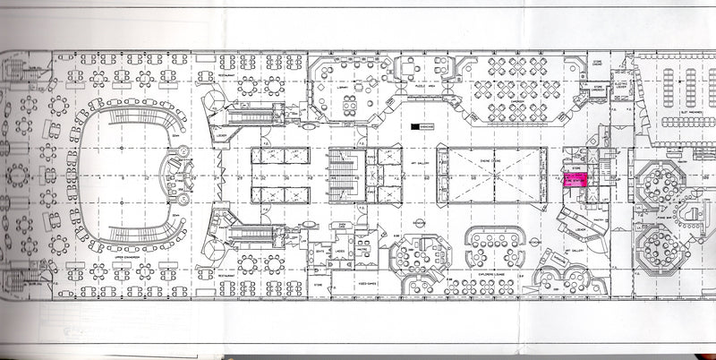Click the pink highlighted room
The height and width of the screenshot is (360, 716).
pyautogui.click(x=572, y=182)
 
